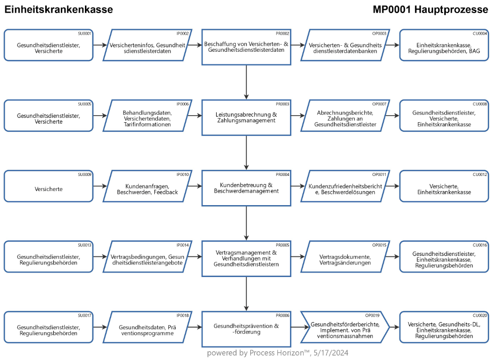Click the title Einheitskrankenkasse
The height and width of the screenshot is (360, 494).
pos(59,10)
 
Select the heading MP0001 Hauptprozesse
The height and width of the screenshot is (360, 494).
pos(430,10)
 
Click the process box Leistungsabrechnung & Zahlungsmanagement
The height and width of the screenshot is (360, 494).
pos(246,118)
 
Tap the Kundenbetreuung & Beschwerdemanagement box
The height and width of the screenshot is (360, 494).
pos(246,188)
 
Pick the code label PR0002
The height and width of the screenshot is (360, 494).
pos(282,33)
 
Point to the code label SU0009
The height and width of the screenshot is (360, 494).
pos(84,174)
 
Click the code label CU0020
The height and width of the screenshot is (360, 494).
pos(480,315)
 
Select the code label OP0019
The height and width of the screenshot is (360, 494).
pos(372,315)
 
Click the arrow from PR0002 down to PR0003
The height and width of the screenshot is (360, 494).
pos(246,82)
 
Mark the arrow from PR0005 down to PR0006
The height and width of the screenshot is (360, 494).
pos(246,294)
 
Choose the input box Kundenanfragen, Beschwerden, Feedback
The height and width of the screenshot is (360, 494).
pos(147,186)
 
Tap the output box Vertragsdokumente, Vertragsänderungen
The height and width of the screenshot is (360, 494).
pos(345,256)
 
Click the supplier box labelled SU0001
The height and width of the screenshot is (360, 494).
pos(49,45)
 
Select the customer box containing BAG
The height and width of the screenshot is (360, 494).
pos(444,45)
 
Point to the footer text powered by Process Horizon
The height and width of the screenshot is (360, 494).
pos(277,353)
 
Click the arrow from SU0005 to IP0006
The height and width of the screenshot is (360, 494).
pos(100,116)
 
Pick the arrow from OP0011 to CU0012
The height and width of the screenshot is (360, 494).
pos(392,186)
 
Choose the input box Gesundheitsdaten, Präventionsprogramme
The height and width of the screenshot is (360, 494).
pos(147,327)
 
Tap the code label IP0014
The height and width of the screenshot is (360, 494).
pos(183,245)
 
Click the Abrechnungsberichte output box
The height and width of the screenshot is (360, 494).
pos(345,116)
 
